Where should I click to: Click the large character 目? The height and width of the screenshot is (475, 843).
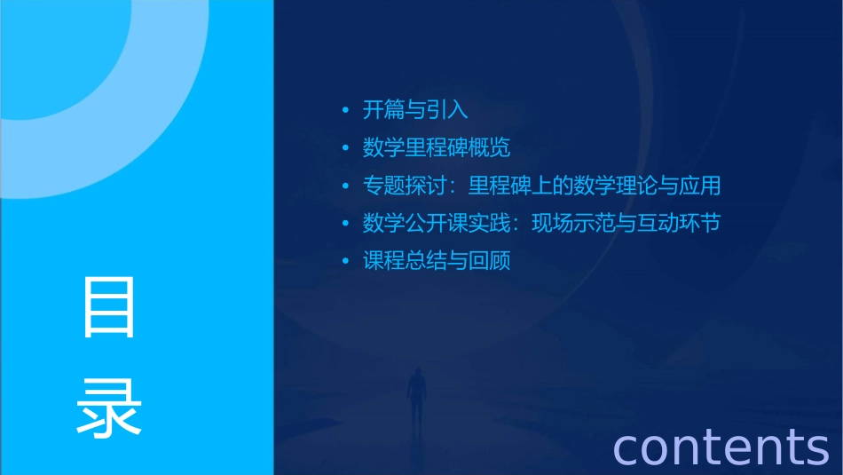pos(109,307)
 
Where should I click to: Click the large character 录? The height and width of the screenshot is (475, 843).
pos(109,407)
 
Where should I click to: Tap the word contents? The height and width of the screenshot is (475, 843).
pos(720,446)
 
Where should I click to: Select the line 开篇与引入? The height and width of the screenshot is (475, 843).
pos(414,110)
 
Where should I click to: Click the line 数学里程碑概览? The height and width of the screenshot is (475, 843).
pos(436,147)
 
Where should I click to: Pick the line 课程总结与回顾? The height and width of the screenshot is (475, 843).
pos(436,261)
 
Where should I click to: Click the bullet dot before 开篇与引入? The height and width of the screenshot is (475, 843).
pos(346,111)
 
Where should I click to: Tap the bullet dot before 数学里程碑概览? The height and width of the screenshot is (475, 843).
pos(346,148)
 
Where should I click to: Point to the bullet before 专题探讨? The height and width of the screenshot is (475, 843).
pos(346,186)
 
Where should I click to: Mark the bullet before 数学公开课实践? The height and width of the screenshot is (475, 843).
pos(346,224)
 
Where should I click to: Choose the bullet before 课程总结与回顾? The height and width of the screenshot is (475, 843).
pos(346,262)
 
